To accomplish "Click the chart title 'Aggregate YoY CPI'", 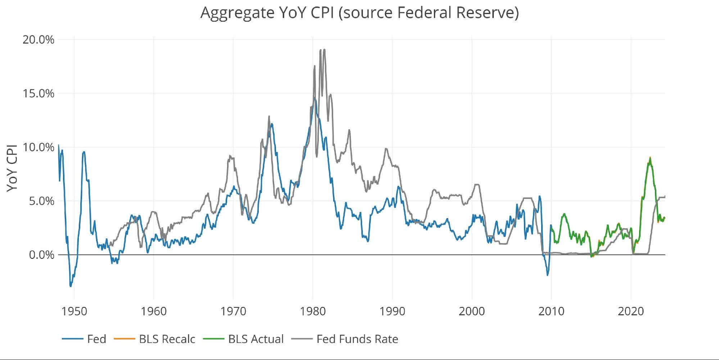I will coord(359,13).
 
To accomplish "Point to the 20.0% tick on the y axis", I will coord(39,40).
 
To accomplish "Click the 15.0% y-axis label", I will coord(39,94).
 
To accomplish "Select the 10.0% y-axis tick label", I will coord(39,147).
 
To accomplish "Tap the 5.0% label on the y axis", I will coord(41,201).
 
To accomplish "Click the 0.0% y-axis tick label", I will coord(41,255).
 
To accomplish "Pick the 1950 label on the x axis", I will coord(74,311).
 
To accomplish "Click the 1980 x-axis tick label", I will coord(313,311).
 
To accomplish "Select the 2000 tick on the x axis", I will coord(471,311).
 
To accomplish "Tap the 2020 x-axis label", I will coord(630,311).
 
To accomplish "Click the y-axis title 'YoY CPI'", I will coord(12,168).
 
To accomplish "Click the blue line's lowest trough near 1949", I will coord(71,286).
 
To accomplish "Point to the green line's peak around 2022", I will coord(650,158).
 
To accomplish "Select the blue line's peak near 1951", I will coord(84,152).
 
